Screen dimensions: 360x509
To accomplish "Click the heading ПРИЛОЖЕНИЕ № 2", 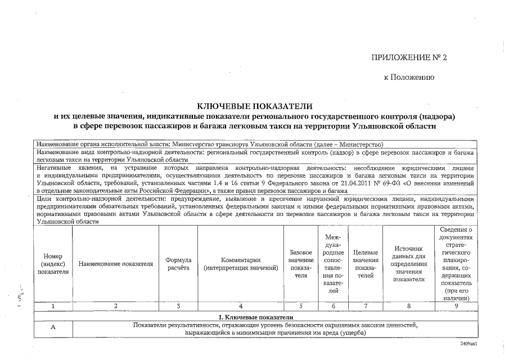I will (409, 58).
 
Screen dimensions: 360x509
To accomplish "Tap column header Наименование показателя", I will (116, 263).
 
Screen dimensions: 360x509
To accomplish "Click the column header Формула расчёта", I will (178, 264).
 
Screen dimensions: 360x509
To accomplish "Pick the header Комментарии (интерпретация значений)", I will (240, 264).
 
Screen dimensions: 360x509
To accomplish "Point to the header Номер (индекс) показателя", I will (53, 263).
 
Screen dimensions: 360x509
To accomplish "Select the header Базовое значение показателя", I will (301, 264).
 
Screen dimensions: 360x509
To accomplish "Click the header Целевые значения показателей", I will (366, 264).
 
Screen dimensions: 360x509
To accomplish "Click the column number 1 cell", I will (53, 306).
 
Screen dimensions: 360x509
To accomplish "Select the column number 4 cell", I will (240, 306).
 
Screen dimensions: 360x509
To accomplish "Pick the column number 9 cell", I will (456, 306).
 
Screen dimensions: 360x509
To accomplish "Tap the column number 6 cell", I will (334, 306).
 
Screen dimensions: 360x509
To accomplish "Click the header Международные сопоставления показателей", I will (334, 264).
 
